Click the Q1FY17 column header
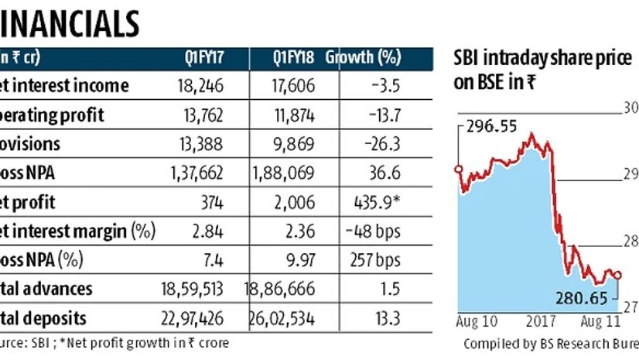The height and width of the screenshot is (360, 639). click(x=203, y=57)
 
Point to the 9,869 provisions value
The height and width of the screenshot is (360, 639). click(x=294, y=145)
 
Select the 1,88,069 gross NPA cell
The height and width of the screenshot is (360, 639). click(x=285, y=173)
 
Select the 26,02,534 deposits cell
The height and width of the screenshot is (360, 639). click(x=284, y=317)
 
